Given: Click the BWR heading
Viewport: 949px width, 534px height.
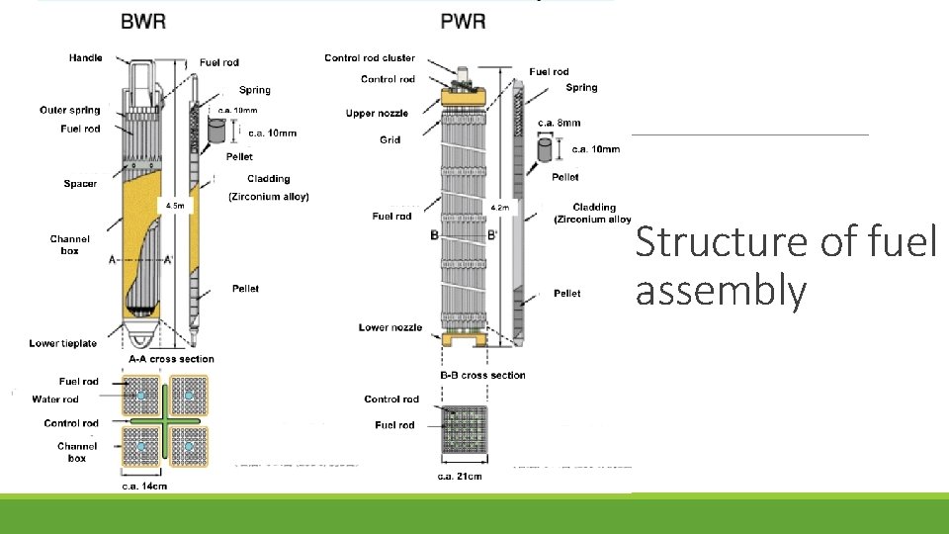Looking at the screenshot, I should [x=143, y=21].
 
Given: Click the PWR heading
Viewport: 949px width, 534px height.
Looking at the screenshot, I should [x=464, y=21].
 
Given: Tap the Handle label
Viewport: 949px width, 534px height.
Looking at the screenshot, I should [x=85, y=57].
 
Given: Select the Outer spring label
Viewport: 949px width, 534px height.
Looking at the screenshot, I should [x=70, y=110].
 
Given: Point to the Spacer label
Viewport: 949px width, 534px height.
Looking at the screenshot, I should [x=80, y=184].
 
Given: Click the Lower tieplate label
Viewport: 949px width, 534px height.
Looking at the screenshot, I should [x=63, y=343].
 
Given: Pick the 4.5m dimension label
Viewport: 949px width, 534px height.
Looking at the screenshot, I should [x=175, y=206].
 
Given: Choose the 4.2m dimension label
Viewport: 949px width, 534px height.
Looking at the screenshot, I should [x=500, y=208].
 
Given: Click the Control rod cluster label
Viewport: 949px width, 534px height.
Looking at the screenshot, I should [x=370, y=58].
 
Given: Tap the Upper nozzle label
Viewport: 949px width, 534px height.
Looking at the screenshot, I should [x=376, y=114].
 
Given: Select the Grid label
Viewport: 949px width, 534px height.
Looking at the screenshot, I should [x=389, y=139].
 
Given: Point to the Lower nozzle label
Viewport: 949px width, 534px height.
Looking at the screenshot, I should [x=390, y=327].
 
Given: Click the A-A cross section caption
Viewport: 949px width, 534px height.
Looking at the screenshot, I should [x=171, y=359].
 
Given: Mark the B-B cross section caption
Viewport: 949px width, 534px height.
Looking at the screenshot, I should [x=482, y=375].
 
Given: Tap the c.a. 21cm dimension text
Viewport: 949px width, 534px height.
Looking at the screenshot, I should [x=460, y=477].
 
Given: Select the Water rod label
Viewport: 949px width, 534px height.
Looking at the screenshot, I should [x=55, y=400].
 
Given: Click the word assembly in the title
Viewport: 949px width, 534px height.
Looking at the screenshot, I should [x=721, y=293].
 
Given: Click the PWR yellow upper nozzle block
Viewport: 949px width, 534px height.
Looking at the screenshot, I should [x=464, y=97].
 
